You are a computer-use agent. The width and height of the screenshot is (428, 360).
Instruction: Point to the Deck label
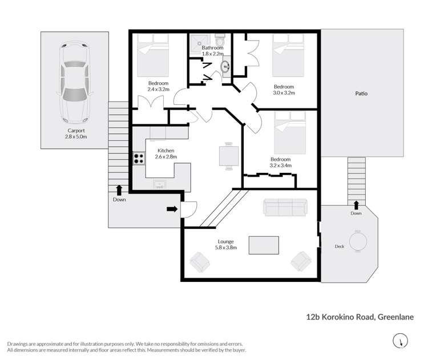pos(339,247)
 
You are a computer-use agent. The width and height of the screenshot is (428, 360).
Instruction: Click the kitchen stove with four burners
pos(139,158)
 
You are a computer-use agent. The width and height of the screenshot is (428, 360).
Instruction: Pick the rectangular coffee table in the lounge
pos(264,245)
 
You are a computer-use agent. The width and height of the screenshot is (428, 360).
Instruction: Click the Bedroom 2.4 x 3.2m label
pos(158,86)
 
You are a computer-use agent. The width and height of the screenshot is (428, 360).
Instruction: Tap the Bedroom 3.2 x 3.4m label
pos(280,163)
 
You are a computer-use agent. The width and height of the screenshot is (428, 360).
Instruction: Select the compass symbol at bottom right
pos(401,341)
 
